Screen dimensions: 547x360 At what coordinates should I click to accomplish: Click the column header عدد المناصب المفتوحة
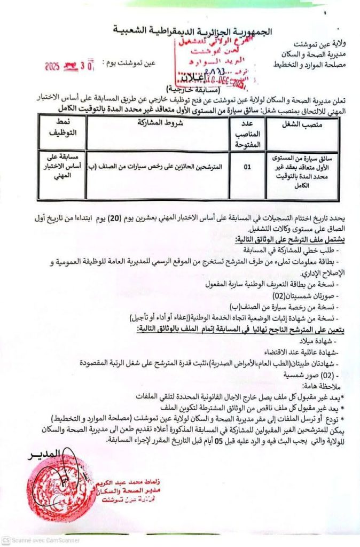pos(247,133)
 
